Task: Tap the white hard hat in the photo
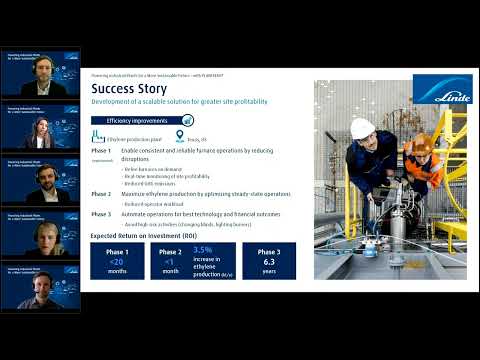[363, 128]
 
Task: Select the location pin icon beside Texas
[179, 136]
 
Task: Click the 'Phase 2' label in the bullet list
[101, 193]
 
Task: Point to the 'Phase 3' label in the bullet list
[101, 213]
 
